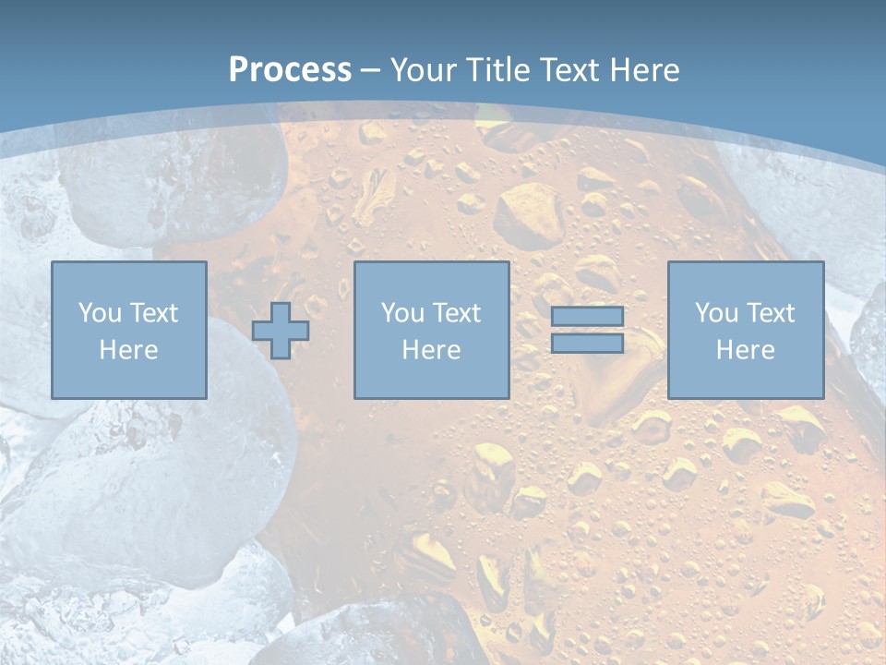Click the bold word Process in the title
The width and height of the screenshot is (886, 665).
pyautogui.click(x=290, y=70)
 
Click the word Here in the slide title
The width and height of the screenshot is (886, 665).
pyautogui.click(x=644, y=70)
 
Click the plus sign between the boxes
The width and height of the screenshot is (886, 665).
pyautogui.click(x=281, y=331)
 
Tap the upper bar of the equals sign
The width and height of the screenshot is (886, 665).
pyautogui.click(x=587, y=316)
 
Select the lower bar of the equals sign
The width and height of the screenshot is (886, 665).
pyautogui.click(x=587, y=344)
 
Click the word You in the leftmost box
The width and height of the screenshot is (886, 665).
pyautogui.click(x=99, y=313)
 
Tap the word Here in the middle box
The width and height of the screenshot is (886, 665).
pyautogui.click(x=431, y=350)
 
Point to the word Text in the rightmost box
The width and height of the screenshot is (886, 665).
pyautogui.click(x=770, y=313)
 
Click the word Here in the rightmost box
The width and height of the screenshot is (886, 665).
pyautogui.click(x=745, y=350)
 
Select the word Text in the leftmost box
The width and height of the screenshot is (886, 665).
pyautogui.click(x=153, y=313)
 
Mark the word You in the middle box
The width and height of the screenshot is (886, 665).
pyautogui.click(x=401, y=313)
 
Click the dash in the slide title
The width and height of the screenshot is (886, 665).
pyautogui.click(x=371, y=71)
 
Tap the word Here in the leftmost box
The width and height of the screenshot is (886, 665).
pyautogui.click(x=128, y=350)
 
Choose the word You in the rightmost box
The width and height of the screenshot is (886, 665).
pyautogui.click(x=715, y=313)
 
